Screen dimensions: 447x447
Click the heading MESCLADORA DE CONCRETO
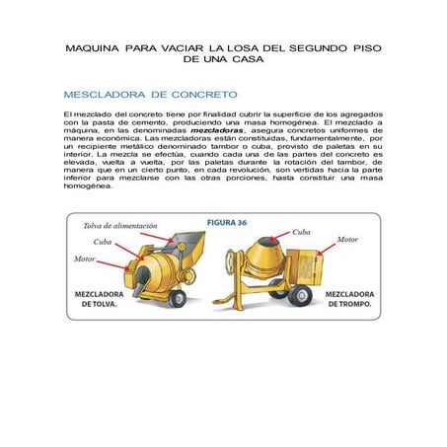point(149,95)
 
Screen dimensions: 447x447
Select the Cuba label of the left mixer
point(103,242)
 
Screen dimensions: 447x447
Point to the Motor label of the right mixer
point(348,240)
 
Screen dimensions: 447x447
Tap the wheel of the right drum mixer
point(302,293)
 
